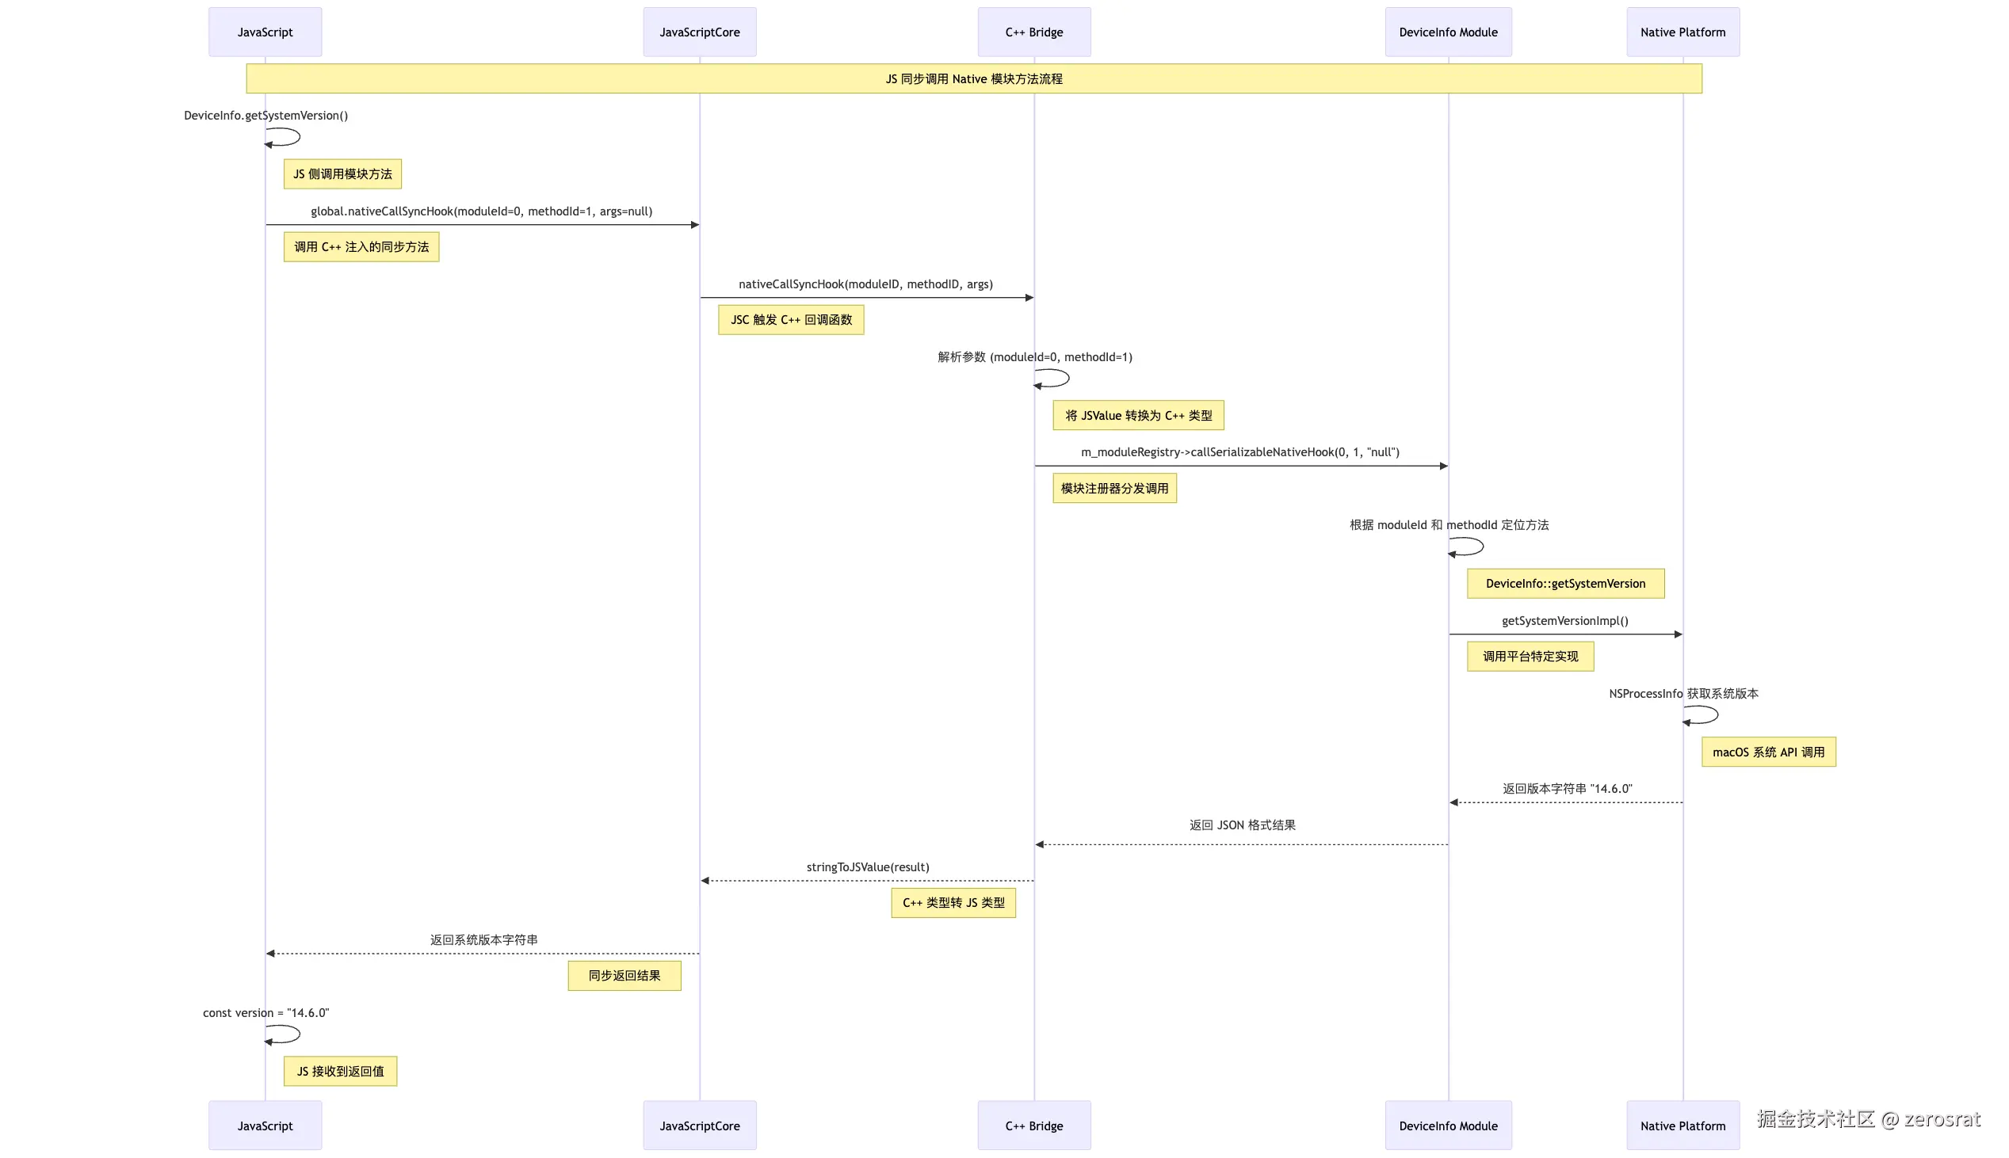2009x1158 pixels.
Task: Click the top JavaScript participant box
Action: tap(265, 32)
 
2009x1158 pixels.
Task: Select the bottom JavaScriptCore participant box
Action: tap(699, 1126)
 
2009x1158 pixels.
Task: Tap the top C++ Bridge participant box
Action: tap(1033, 32)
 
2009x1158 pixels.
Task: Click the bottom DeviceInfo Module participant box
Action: tap(1448, 1126)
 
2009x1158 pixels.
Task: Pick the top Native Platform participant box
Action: tap(1682, 32)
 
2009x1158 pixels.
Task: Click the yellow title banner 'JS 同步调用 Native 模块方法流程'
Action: tap(974, 78)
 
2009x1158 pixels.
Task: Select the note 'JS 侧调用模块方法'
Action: tap(342, 174)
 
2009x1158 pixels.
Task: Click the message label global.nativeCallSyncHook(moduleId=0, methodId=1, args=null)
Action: tap(481, 211)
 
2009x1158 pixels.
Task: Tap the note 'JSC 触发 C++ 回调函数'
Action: tap(791, 320)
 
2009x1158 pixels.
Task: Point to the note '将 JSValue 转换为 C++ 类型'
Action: tap(1138, 415)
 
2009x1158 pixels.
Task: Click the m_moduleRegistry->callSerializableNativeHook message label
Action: tap(1239, 452)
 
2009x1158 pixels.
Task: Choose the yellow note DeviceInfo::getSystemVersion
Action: tap(1565, 584)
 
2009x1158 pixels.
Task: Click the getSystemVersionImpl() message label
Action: tap(1565, 621)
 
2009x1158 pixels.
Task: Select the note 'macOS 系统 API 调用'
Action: tap(1768, 752)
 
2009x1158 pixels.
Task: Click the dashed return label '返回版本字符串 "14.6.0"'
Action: tap(1567, 789)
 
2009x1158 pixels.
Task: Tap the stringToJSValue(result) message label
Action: tap(867, 867)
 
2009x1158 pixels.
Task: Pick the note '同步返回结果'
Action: tap(624, 976)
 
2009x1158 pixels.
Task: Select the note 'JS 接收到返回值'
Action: tap(340, 1072)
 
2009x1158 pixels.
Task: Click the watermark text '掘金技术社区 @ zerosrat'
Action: tap(1867, 1119)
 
